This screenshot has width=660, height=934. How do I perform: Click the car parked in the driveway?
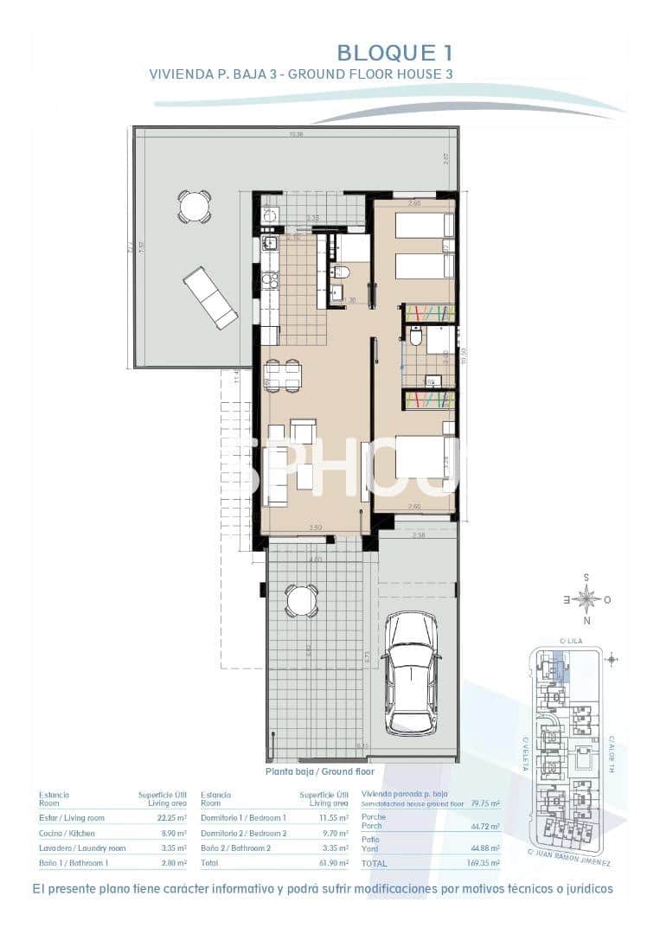point(411,674)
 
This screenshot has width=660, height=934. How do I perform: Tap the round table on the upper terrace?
point(194,207)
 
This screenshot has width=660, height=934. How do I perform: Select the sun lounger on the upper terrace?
point(209,297)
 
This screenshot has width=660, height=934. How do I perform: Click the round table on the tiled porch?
point(301,600)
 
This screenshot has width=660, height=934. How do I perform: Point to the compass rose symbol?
point(587,598)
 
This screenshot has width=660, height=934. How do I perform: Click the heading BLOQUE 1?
point(394,53)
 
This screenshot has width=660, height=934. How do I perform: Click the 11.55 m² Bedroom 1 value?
point(331,817)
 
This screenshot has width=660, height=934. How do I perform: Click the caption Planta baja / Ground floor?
point(319,771)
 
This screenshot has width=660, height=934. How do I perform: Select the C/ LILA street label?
point(568,641)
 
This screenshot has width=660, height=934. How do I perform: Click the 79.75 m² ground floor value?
point(483,803)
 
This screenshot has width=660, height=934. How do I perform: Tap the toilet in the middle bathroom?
point(415,338)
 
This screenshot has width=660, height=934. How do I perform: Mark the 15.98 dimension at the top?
point(296,134)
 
